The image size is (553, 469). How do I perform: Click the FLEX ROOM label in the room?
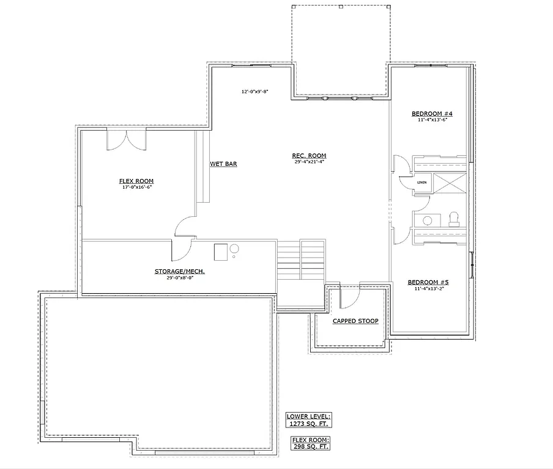click(x=136, y=181)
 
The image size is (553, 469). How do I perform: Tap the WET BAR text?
click(x=223, y=164)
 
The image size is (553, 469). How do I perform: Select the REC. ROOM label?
click(x=309, y=156)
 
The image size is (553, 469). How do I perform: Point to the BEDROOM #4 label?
click(x=432, y=114)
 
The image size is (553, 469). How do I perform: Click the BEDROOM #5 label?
click(x=428, y=282)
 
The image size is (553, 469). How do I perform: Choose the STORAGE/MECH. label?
click(x=179, y=271)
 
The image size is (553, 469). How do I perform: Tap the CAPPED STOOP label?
click(x=355, y=321)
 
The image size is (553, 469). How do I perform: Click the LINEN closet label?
click(x=422, y=183)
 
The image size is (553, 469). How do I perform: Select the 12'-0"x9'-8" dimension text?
click(x=255, y=92)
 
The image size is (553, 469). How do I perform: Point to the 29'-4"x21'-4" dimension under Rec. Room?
click(x=309, y=162)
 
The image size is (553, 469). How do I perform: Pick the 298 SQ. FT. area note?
click(x=310, y=446)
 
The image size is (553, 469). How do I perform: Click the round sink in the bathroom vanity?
click(x=428, y=220)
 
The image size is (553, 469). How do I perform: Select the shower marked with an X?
click(x=450, y=183)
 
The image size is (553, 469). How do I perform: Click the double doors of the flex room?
click(x=127, y=139)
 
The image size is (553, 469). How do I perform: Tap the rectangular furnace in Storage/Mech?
click(x=220, y=252)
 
